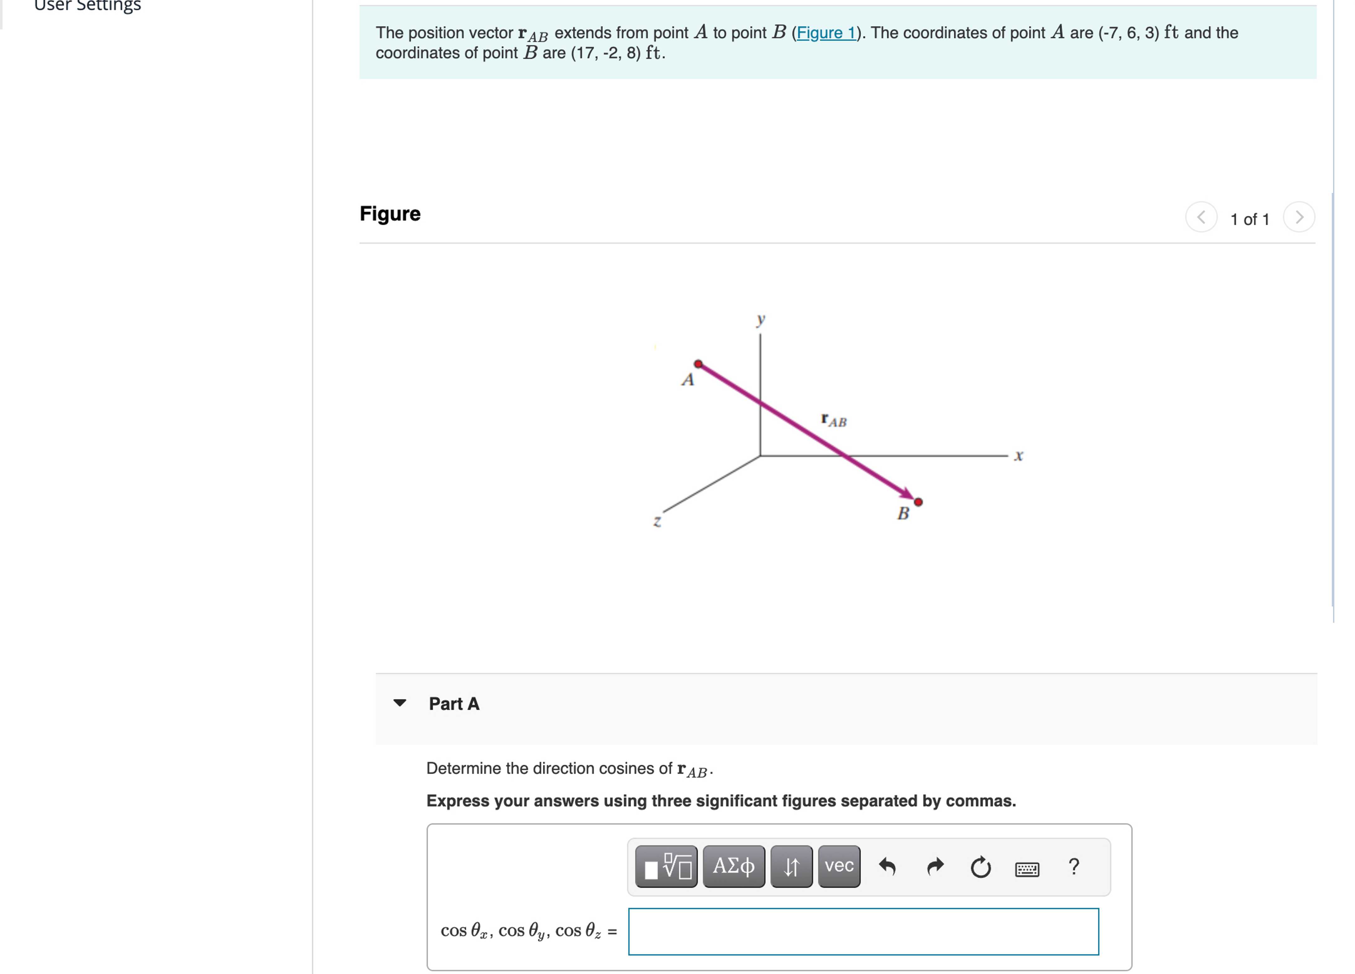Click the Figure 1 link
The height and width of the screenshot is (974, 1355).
point(826,33)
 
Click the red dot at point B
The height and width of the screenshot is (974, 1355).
point(918,502)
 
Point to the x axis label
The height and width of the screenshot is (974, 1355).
point(1019,456)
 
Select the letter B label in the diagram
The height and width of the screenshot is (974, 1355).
point(903,513)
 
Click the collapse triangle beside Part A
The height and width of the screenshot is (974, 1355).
point(400,703)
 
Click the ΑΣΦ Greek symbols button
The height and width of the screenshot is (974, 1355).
point(734,866)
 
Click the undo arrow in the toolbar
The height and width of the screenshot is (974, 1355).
point(887,866)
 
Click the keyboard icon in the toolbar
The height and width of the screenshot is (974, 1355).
point(1027,868)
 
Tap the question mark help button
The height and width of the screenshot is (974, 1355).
point(1074,866)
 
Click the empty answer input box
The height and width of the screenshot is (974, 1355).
point(863,931)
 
